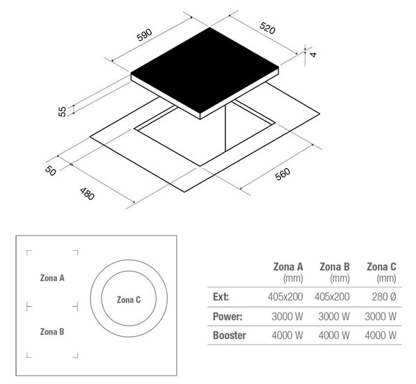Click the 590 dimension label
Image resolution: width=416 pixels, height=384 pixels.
tap(145, 35)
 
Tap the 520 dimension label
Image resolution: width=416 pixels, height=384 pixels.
tap(267, 28)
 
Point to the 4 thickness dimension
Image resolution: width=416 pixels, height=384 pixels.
tap(313, 54)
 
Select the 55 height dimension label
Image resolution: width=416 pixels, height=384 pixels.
tap(62, 111)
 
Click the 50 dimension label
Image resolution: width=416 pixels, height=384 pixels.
tap(51, 171)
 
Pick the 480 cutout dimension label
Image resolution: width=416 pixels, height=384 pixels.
tap(87, 194)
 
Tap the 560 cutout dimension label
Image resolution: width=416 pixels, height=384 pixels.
tap(283, 174)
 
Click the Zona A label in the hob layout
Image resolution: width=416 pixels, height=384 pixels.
tap(52, 278)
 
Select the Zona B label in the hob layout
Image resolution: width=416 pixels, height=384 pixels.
tap(52, 332)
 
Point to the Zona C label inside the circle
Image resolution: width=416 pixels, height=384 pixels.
tap(129, 300)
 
